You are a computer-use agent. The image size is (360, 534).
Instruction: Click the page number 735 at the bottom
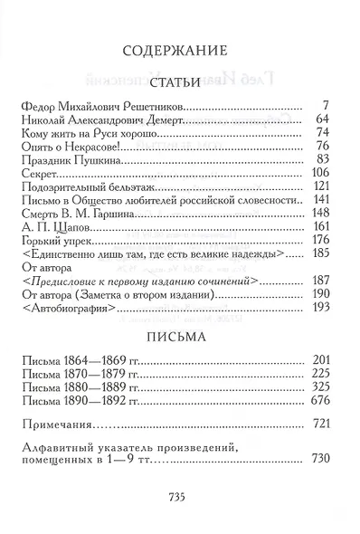[179, 496]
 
